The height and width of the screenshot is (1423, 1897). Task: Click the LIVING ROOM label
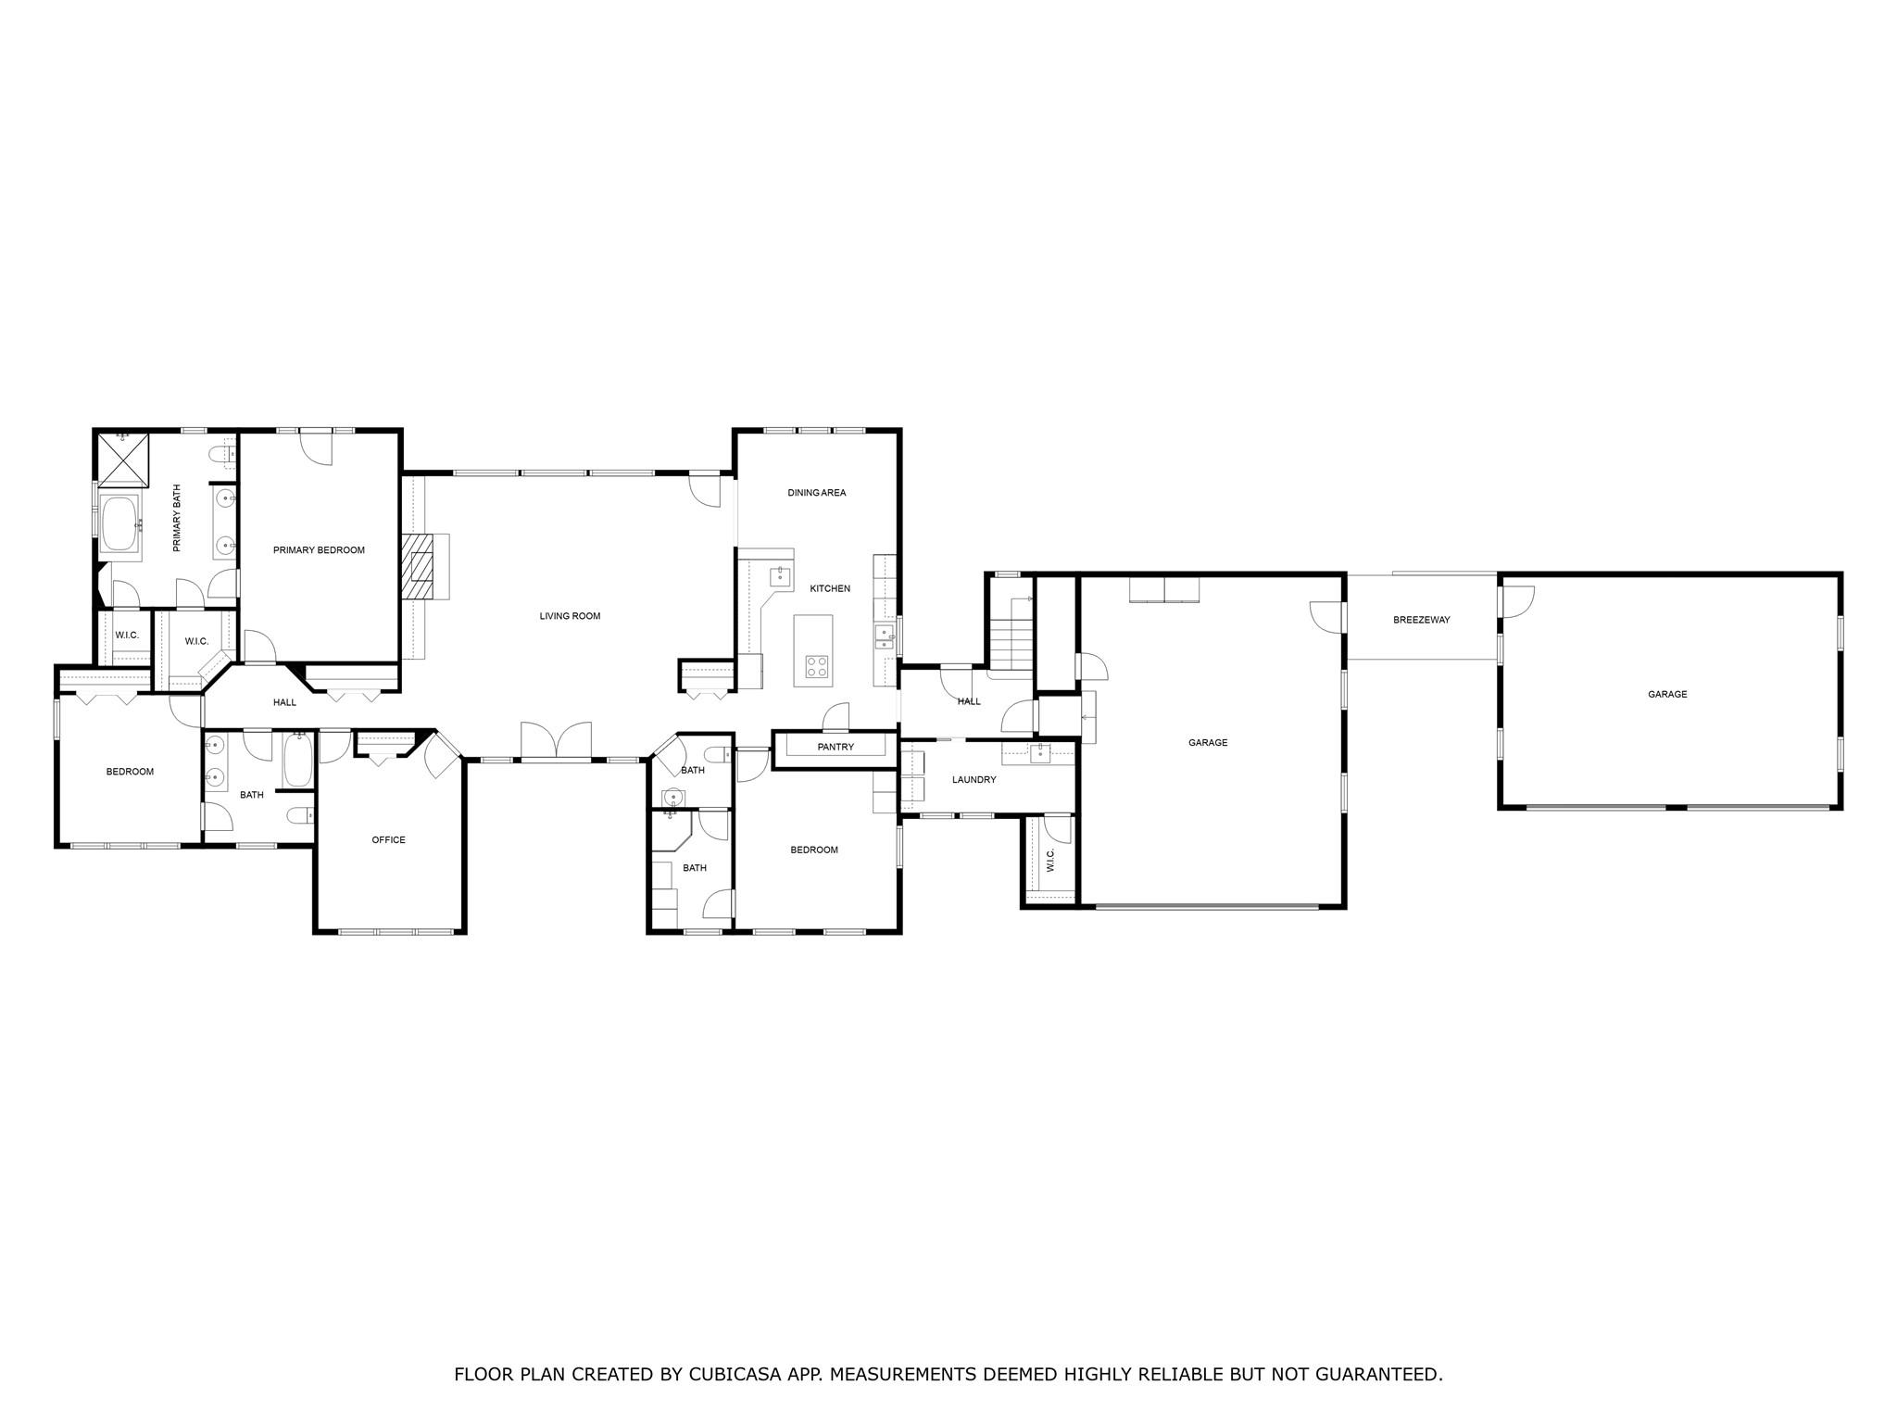tap(570, 616)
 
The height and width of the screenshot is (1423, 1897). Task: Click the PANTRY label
tap(835, 747)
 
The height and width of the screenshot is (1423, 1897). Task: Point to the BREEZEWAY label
tap(1421, 620)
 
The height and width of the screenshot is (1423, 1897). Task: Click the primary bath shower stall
tap(123, 460)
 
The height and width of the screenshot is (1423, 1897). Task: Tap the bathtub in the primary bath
tap(119, 524)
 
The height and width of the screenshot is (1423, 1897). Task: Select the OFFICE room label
tap(388, 840)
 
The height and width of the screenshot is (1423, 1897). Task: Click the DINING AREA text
tap(816, 493)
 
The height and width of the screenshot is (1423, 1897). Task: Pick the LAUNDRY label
tap(974, 780)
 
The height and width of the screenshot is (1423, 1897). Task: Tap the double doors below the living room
tap(556, 741)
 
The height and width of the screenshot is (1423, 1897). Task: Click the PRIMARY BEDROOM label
tap(319, 550)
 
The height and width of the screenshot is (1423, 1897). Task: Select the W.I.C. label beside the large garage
tap(1050, 862)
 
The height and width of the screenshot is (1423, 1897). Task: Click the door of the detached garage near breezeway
tap(1517, 601)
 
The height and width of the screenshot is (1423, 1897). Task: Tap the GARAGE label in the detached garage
tap(1667, 694)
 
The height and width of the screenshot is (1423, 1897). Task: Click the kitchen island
tap(812, 650)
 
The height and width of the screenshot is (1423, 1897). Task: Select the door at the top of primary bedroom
tap(318, 448)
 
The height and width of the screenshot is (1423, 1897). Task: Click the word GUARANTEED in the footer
tap(1380, 1374)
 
